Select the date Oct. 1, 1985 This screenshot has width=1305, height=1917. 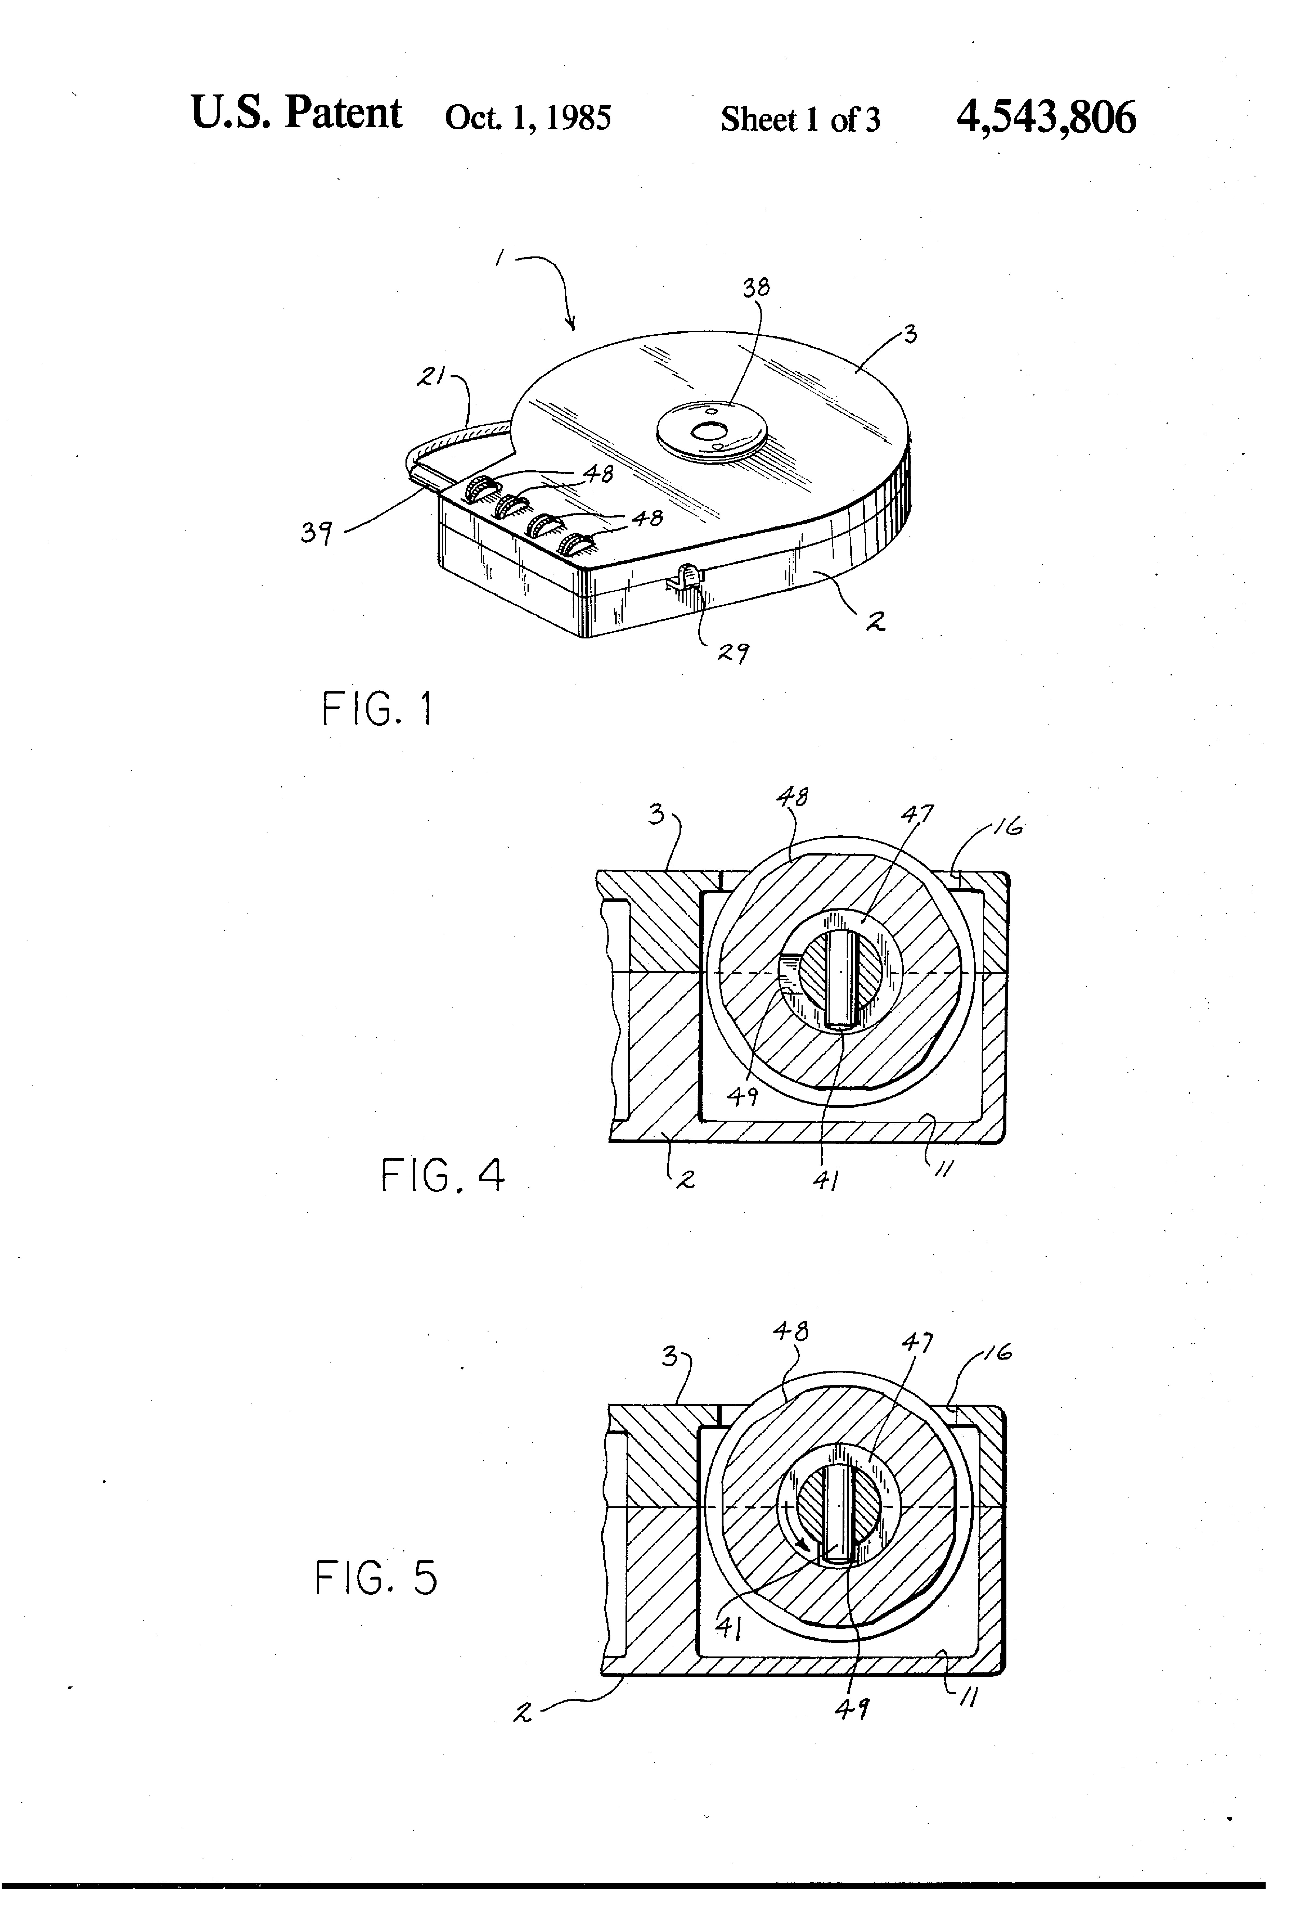point(528,118)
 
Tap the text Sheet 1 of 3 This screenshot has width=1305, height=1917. point(800,120)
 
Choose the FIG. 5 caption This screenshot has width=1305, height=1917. point(376,1578)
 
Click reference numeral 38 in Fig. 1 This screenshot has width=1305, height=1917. point(756,287)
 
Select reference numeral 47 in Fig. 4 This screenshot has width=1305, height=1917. point(917,814)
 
